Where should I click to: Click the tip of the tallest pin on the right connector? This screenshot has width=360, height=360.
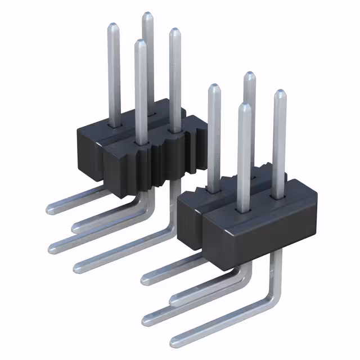pos(249,75)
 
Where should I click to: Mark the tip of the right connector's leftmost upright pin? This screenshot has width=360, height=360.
pos(214,87)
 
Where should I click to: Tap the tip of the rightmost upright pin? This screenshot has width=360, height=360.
pos(279,93)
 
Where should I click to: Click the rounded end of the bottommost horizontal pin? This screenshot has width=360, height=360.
pos(175,339)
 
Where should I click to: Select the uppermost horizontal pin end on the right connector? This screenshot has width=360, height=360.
pos(145,276)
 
